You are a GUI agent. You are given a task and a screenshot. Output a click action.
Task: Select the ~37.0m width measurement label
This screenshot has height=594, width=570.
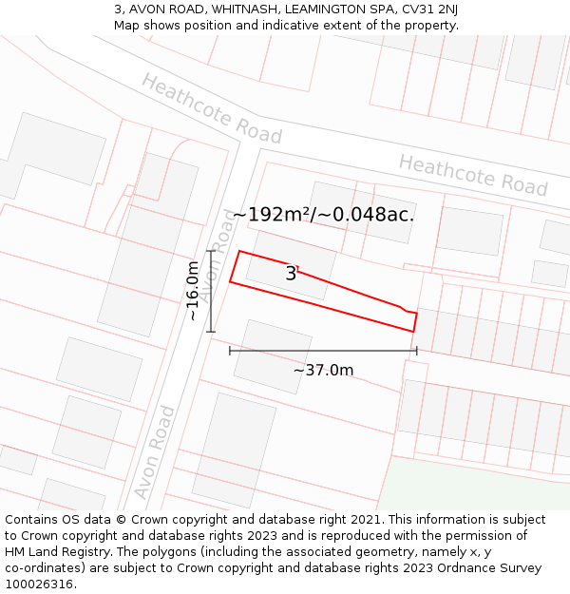[323, 370]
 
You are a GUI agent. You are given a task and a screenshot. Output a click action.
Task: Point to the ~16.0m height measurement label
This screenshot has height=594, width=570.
[193, 291]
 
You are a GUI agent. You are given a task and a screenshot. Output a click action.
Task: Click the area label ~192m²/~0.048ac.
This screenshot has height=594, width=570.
[323, 215]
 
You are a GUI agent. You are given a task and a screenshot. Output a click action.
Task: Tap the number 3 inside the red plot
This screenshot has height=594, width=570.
[291, 274]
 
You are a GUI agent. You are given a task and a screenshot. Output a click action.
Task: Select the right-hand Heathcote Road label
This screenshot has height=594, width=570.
[473, 175]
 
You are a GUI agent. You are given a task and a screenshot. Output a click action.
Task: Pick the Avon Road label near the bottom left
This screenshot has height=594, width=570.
[155, 452]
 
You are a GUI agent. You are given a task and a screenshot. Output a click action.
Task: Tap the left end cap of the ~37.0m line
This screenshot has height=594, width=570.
[230, 351]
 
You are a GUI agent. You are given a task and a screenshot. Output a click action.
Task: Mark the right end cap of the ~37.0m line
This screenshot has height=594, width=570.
[417, 351]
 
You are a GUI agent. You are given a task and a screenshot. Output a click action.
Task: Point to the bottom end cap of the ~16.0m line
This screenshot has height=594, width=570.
[211, 332]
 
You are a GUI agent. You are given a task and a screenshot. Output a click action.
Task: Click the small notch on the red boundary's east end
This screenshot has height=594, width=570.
[408, 310]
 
